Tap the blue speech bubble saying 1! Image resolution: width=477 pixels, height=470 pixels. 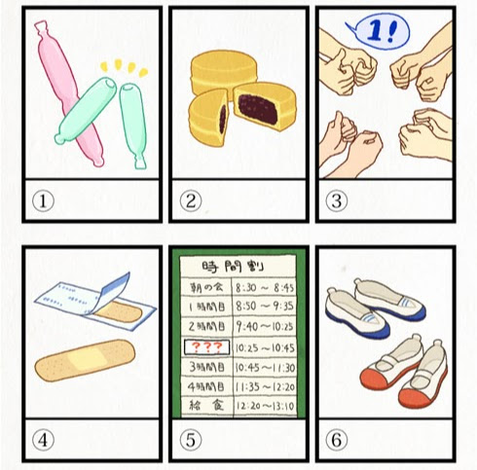pos(378,32)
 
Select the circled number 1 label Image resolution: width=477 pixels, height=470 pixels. pos(43,201)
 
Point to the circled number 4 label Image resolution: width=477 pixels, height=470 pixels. pos(43,440)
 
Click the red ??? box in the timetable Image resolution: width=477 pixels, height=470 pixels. pos(207,347)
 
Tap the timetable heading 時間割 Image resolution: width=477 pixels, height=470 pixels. pos(233,267)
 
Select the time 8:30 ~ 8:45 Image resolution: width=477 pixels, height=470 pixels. pos(265,287)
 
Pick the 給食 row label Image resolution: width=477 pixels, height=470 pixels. pos(206,405)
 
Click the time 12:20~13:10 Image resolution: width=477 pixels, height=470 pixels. pos(265,406)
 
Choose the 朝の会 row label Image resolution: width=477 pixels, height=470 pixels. pos(206,287)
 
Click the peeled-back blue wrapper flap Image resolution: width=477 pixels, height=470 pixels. pos(115,289)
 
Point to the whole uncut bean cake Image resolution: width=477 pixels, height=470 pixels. pos(223,73)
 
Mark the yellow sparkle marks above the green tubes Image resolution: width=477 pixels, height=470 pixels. pos(125,67)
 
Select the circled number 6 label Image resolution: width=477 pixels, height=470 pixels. pos(337,440)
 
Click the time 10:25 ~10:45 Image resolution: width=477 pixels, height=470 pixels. pos(265,347)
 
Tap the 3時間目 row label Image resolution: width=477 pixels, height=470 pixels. pos(206,367)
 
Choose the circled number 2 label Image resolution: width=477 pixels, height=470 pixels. pos(191,201)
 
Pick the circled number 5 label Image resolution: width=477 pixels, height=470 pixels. pos(191,440)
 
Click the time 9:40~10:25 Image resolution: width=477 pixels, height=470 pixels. pos(265,327)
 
